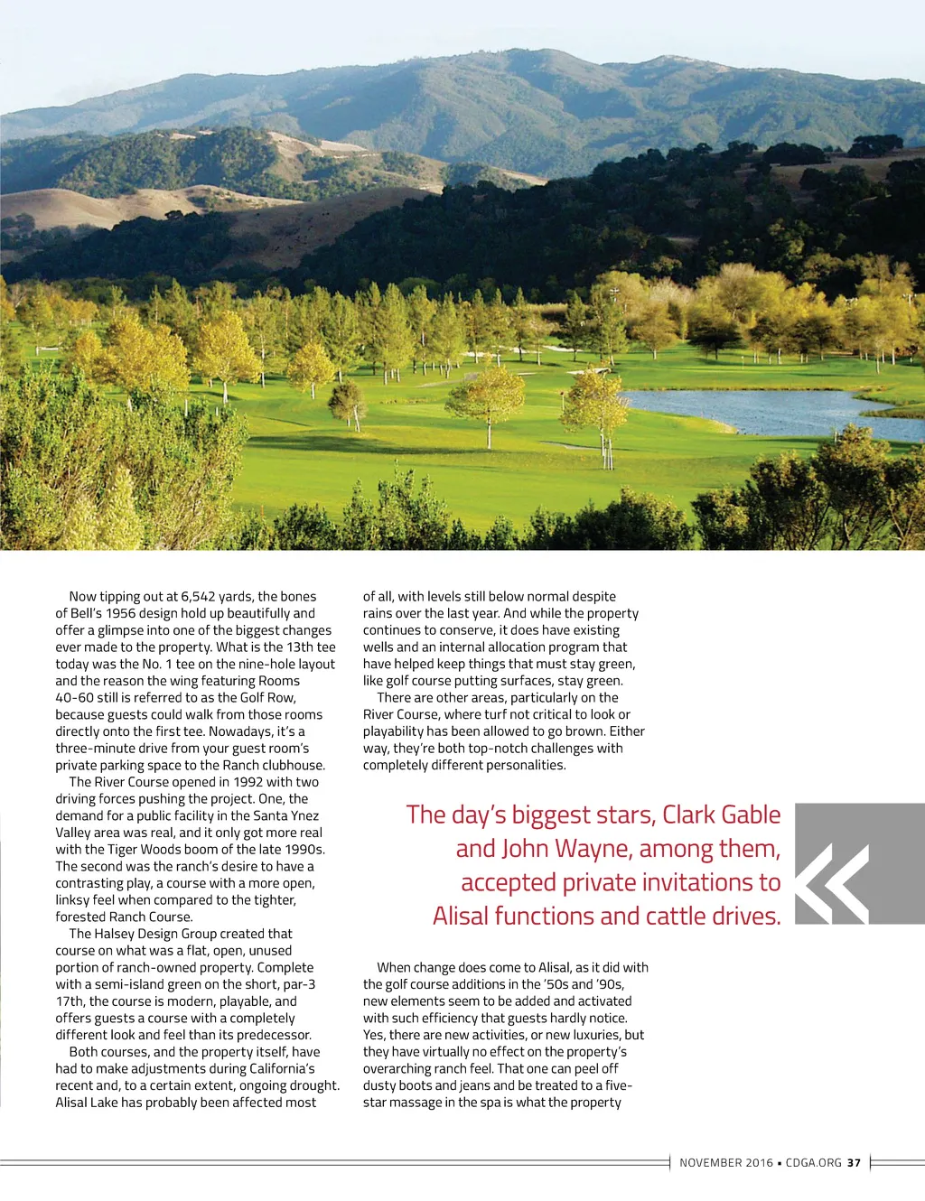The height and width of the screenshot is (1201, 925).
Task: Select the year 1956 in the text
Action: [x=124, y=613]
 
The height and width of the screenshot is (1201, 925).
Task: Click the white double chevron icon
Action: [x=836, y=883]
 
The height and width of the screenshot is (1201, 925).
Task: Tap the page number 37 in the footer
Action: [x=854, y=1163]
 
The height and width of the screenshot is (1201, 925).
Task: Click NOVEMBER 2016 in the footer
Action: [x=726, y=1163]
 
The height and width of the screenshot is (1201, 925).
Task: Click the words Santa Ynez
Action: [x=285, y=815]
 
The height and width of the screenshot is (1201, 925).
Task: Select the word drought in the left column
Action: [x=315, y=1085]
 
